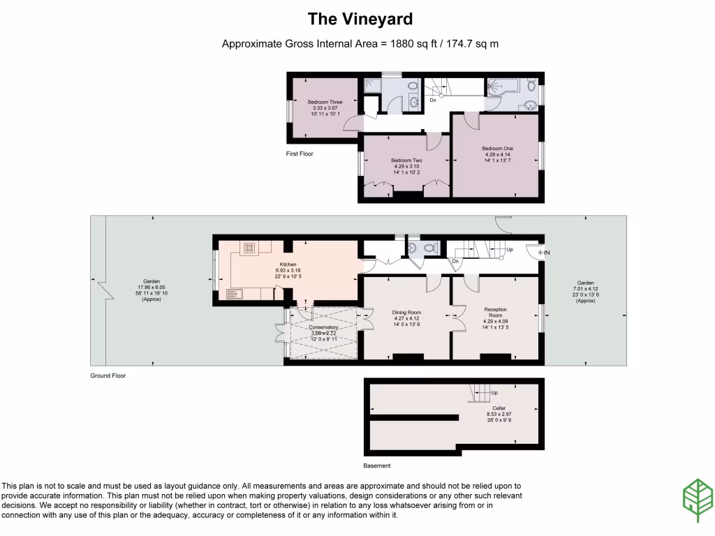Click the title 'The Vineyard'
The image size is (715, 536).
pyautogui.click(x=360, y=19)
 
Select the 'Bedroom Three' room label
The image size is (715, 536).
pyautogui.click(x=325, y=103)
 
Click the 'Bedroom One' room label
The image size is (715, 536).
pyautogui.click(x=497, y=149)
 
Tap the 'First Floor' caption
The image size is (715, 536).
pyautogui.click(x=300, y=154)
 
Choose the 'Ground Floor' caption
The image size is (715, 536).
pyautogui.click(x=108, y=375)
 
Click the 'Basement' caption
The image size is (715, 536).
pyautogui.click(x=377, y=466)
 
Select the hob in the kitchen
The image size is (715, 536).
pyautogui.click(x=249, y=248)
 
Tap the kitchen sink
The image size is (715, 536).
pyautogui.click(x=233, y=294)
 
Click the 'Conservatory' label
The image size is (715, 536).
pyautogui.click(x=323, y=327)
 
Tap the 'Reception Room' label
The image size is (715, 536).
pyautogui.click(x=495, y=312)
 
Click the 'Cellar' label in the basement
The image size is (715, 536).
pyautogui.click(x=498, y=408)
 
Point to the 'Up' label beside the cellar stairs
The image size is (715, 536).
pyautogui.click(x=494, y=393)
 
